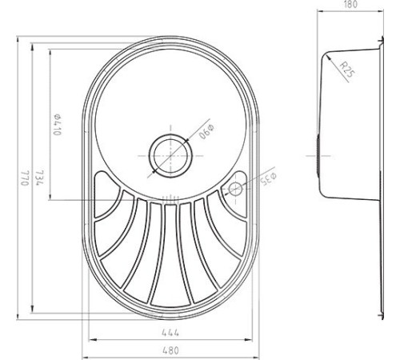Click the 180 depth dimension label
[x=350, y=5]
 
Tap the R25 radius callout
[x=348, y=70]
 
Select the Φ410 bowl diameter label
[x=57, y=125]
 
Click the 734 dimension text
[x=39, y=178]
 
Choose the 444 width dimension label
[x=170, y=333]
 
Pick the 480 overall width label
[x=170, y=350]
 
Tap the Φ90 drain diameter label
[x=206, y=131]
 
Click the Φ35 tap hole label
[x=269, y=179]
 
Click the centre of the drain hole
[x=170, y=156]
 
